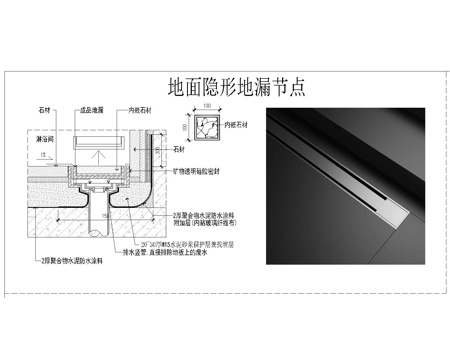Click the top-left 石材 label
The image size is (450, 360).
pyautogui.click(x=44, y=112)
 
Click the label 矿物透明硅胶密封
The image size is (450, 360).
pyautogui.click(x=206, y=172)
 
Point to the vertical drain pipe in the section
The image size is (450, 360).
pyautogui.click(x=101, y=210)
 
